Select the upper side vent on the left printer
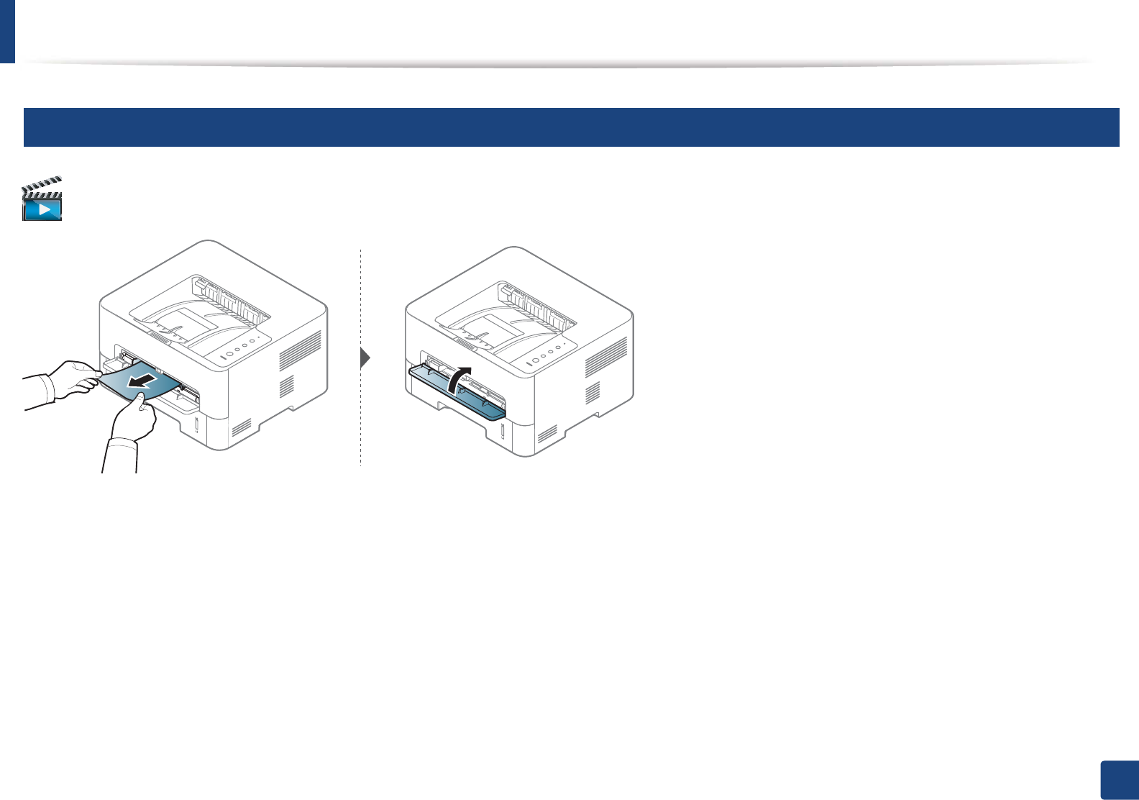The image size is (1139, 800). [300, 353]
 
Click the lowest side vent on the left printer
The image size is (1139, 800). [242, 429]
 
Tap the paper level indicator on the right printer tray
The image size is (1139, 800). [503, 431]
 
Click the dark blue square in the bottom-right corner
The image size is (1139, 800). [1119, 781]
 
